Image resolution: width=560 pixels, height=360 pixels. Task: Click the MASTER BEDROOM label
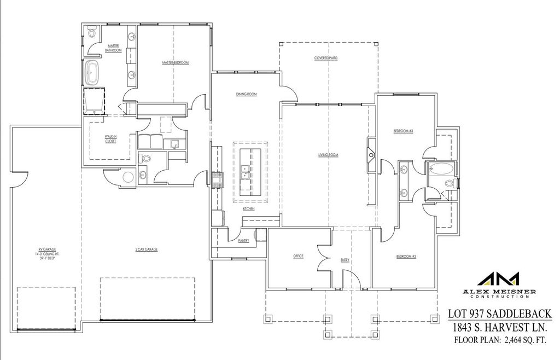point(175,63)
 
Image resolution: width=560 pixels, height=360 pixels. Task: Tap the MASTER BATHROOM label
point(113,48)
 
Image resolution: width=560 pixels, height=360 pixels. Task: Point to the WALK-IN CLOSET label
point(110,139)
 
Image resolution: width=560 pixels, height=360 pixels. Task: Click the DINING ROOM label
point(247,94)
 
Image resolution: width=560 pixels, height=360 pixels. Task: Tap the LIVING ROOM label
point(328,155)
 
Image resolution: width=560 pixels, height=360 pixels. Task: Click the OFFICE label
point(298,256)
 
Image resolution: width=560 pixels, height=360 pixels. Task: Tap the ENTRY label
point(345,260)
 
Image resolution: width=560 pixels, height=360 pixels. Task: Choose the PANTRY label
point(243,240)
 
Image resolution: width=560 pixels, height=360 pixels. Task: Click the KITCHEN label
point(249,208)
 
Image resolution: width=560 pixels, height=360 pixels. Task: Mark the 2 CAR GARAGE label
point(147,249)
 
